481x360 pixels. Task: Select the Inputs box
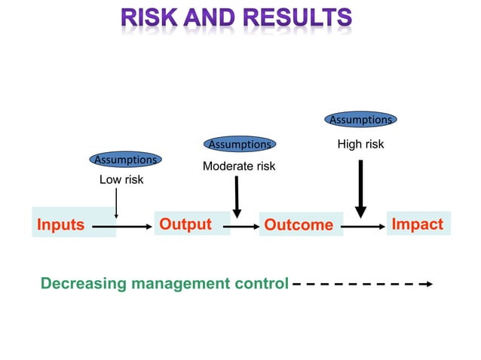pyautogui.click(x=73, y=224)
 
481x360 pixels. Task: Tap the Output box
pyautogui.click(x=191, y=224)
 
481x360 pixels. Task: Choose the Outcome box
pyautogui.click(x=300, y=224)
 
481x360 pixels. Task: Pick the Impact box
pyautogui.click(x=418, y=224)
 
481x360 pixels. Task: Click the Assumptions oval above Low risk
pyautogui.click(x=125, y=160)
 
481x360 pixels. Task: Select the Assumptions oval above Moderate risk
pyautogui.click(x=239, y=144)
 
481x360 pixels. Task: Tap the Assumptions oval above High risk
pyautogui.click(x=360, y=119)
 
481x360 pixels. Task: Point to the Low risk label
pyautogui.click(x=121, y=180)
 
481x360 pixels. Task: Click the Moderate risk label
pyautogui.click(x=239, y=166)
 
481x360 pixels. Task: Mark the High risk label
pyautogui.click(x=360, y=144)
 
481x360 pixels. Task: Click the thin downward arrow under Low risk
pyautogui.click(x=116, y=203)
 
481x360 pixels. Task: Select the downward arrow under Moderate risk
pyautogui.click(x=237, y=196)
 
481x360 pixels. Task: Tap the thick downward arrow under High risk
pyautogui.click(x=360, y=188)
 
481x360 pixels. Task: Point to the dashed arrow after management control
pyautogui.click(x=361, y=284)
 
